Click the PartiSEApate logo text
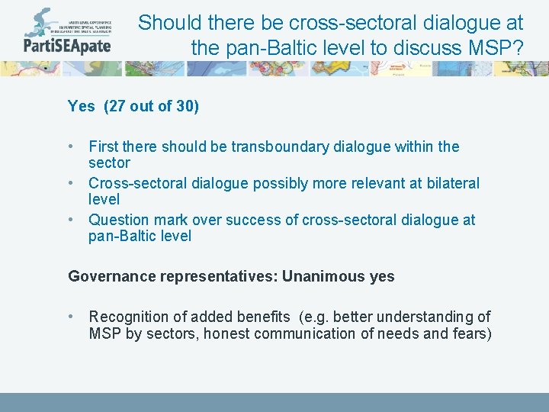[67, 44]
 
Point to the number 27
[117, 106]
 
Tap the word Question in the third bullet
[117, 220]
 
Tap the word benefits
[263, 316]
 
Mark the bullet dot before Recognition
[71, 316]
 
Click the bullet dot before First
[71, 146]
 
